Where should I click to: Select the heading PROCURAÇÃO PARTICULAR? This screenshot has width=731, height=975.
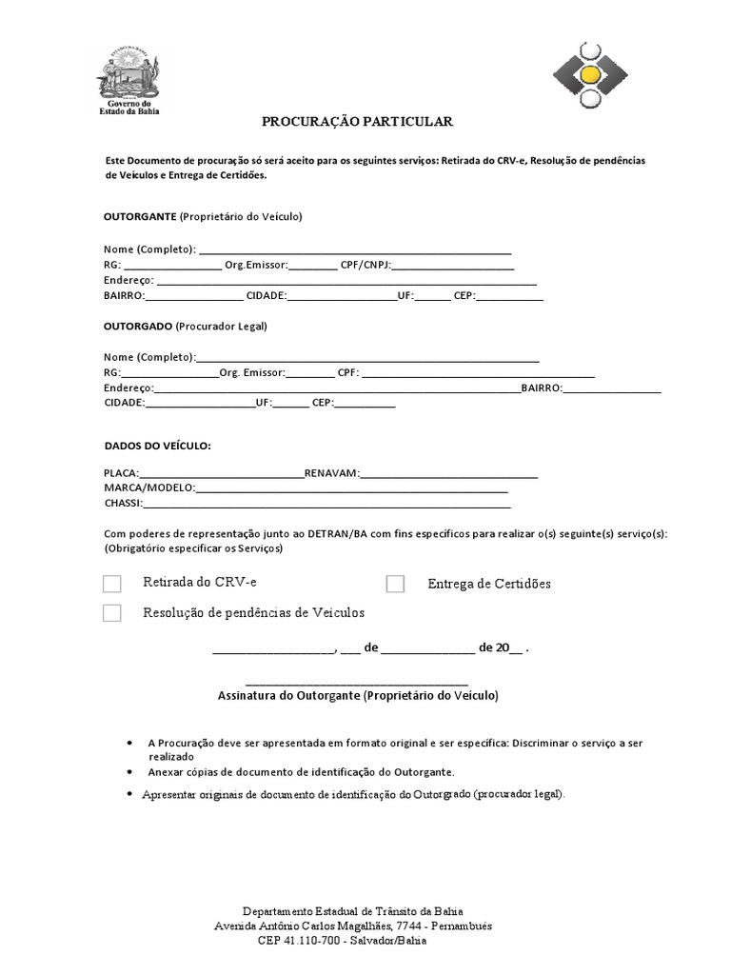pos(345,122)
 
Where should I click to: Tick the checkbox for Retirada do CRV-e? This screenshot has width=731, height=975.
pos(112,584)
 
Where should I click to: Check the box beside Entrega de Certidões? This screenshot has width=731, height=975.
pos(395,584)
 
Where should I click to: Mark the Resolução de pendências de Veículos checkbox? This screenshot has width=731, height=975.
pos(112,613)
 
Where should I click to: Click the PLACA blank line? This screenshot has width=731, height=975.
pos(221,474)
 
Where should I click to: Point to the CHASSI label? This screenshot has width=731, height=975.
pos(122,503)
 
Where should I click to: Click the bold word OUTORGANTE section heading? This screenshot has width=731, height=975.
pos(139,216)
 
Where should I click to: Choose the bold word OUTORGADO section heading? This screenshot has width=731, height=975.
pos(138,326)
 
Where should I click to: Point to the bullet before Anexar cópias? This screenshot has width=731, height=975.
pos(129,772)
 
